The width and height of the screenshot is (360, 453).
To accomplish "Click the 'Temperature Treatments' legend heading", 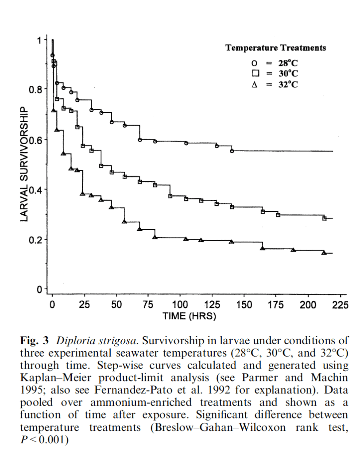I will click(x=275, y=48).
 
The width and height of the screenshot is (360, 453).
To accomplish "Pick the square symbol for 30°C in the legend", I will click(x=255, y=73).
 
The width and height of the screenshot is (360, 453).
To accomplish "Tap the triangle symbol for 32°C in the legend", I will click(x=254, y=84).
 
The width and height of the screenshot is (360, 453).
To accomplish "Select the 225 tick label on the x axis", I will click(x=340, y=305).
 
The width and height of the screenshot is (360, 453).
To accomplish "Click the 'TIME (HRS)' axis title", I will click(x=189, y=316).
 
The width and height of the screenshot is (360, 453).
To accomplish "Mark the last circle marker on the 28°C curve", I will click(x=232, y=151).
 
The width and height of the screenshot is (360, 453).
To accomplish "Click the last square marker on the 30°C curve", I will click(x=325, y=219).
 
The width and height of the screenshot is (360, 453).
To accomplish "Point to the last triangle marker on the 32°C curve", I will click(x=324, y=253).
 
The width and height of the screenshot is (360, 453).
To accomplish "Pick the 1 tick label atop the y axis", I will click(x=39, y=40).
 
